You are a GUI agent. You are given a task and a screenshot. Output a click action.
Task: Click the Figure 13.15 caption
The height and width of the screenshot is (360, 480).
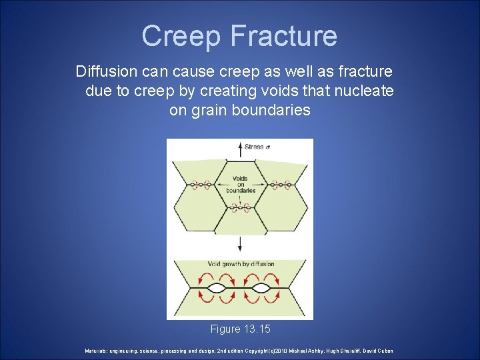240,329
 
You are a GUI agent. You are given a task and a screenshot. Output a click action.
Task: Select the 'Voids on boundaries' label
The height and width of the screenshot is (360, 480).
241,185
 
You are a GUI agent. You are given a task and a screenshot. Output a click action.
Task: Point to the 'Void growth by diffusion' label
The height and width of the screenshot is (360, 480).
241,264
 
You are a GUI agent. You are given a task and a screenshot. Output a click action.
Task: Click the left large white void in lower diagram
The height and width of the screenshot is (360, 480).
218,289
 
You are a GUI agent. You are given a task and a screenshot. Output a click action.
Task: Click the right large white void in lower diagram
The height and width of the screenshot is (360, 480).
261,289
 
